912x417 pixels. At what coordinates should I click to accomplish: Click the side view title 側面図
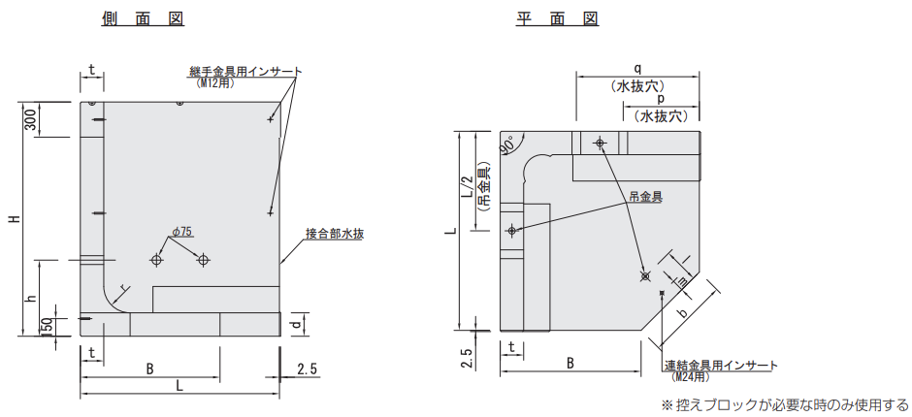point(143,18)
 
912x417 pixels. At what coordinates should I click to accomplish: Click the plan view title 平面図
point(557,18)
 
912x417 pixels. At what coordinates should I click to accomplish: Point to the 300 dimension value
point(31,119)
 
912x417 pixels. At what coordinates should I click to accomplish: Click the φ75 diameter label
point(182,232)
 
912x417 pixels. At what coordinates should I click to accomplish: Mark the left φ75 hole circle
point(156,260)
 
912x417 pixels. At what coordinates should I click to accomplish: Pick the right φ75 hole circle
point(203,260)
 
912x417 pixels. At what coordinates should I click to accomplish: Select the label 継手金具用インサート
point(245,72)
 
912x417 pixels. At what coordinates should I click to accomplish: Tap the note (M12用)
point(215,83)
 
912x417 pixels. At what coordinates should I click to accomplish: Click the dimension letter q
point(636,68)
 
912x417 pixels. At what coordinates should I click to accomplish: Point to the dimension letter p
point(661,99)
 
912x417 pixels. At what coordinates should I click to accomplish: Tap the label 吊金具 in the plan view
point(645,197)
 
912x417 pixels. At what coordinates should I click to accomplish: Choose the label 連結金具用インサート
point(721,366)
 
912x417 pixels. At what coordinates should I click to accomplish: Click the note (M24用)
point(691,377)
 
